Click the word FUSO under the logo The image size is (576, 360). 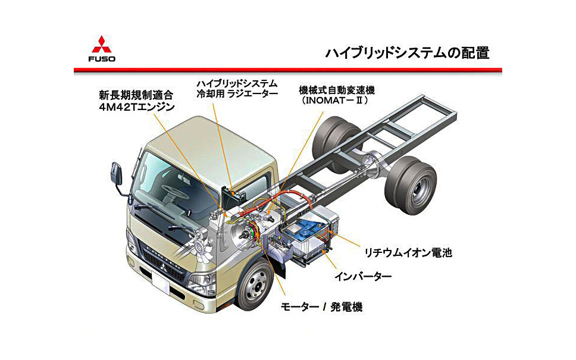click(102, 58)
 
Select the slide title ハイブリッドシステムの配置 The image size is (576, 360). click(407, 52)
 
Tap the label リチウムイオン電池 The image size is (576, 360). click(409, 252)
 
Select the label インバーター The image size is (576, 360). click(362, 276)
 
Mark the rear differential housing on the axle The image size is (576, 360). click(376, 160)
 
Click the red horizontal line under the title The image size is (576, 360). click(287, 70)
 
